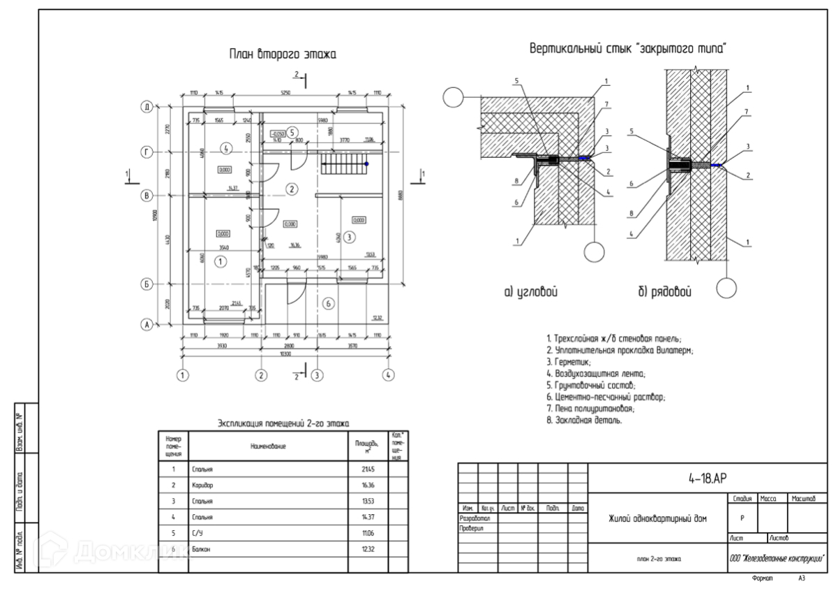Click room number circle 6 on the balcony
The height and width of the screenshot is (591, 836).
(329, 302)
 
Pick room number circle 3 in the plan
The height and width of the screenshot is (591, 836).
(350, 236)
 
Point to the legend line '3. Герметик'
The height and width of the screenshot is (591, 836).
(569, 362)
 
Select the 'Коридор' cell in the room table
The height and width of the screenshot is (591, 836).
(202, 485)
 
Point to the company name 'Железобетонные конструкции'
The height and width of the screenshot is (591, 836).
(776, 558)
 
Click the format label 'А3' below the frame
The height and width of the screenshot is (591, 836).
(802, 580)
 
